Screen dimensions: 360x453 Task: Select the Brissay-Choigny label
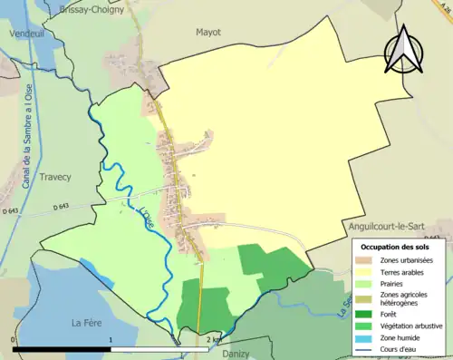(x=92, y=9)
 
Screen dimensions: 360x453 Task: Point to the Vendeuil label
(x=26, y=32)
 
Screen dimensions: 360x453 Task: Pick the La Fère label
(x=90, y=322)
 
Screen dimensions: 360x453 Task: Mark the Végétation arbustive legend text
(x=413, y=326)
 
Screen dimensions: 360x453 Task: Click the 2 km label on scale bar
(x=214, y=340)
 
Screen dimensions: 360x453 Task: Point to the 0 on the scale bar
(x=14, y=340)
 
